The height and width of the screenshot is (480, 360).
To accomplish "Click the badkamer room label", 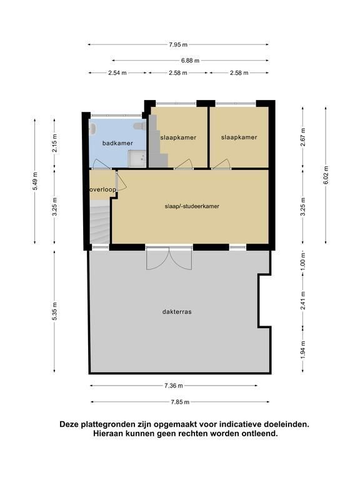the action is point(117,143).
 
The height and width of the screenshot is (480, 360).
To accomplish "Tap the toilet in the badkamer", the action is point(139,126).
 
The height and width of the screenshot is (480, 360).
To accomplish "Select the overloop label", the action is point(103,189).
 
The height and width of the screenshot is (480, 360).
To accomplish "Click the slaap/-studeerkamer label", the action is point(192,206).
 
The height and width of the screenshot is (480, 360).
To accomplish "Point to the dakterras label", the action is point(177,312).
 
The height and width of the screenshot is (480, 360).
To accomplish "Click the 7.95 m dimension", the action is point(178,45).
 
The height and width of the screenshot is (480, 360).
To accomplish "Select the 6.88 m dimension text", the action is point(190,61).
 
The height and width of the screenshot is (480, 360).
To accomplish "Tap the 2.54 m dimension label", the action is point(117,73).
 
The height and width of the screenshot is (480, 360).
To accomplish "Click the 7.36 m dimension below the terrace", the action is point(174,386).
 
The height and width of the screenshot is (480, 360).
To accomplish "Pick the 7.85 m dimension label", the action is point(180,402).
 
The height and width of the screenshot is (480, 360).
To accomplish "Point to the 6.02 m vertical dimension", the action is point(326,175).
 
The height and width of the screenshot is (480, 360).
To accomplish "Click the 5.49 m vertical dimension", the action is point(35,181).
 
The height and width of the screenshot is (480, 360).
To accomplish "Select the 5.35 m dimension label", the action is point(54,311).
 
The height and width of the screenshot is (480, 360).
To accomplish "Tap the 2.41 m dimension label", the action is point(302,300).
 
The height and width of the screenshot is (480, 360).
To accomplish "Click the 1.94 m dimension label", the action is point(302,349).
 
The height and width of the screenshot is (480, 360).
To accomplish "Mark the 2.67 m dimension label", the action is point(302,137).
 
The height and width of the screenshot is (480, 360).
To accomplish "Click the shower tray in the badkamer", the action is point(137,159).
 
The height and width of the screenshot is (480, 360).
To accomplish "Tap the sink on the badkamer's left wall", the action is point(92,129).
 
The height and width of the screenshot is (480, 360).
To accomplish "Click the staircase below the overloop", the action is point(100,222).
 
